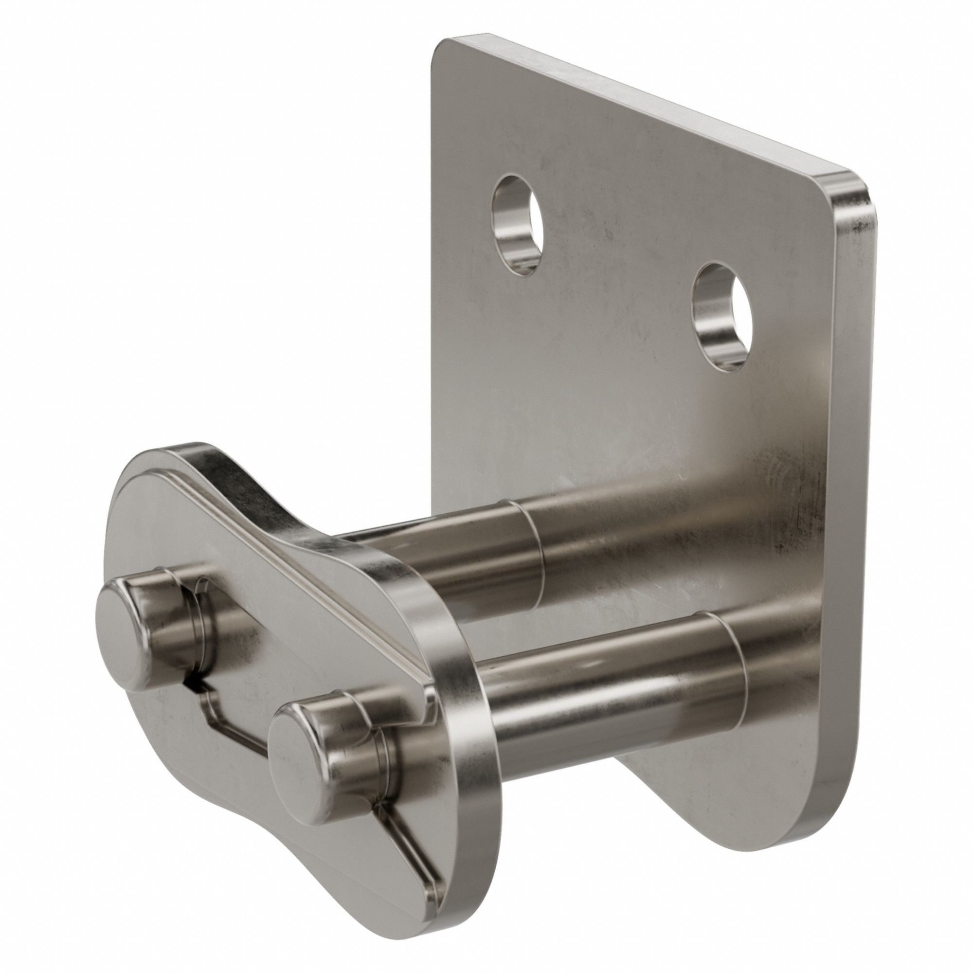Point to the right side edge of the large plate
pyautogui.click(x=851, y=504)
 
